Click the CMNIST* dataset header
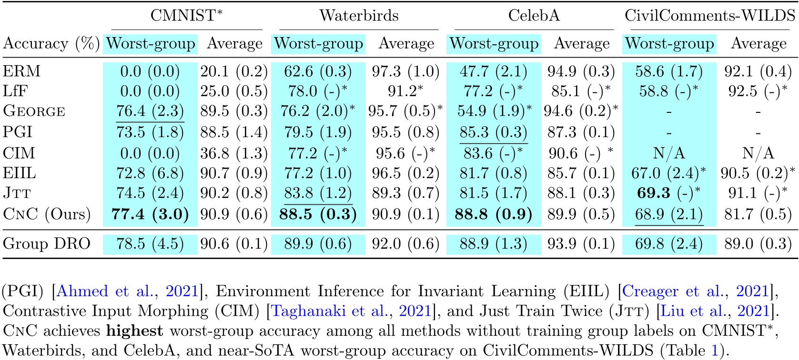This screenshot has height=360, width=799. pyautogui.click(x=186, y=15)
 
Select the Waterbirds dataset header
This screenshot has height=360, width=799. pyautogui.click(x=359, y=15)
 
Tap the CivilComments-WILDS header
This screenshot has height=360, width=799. pyautogui.click(x=709, y=15)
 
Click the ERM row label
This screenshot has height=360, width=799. pyautogui.click(x=22, y=71)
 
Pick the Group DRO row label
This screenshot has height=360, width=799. pyautogui.click(x=46, y=243)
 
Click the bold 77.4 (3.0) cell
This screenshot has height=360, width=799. pyautogui.click(x=150, y=214)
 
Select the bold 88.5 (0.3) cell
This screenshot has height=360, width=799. pyautogui.click(x=318, y=214)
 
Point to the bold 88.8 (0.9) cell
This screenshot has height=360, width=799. pyautogui.click(x=493, y=214)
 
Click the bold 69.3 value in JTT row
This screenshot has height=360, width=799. pyautogui.click(x=653, y=193)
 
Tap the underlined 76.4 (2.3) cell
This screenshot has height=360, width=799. pyautogui.click(x=150, y=111)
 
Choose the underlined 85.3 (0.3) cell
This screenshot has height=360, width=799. pyautogui.click(x=493, y=132)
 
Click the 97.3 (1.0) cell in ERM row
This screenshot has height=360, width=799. pyautogui.click(x=405, y=71)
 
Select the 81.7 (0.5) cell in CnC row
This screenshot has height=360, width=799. pyautogui.click(x=758, y=214)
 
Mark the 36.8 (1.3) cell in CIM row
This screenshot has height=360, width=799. pyautogui.click(x=234, y=153)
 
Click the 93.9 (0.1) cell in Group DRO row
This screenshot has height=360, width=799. pyautogui.click(x=581, y=243)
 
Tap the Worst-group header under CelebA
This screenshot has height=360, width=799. pyautogui.click(x=494, y=43)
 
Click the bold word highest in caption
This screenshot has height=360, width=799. pyautogui.click(x=134, y=330)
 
